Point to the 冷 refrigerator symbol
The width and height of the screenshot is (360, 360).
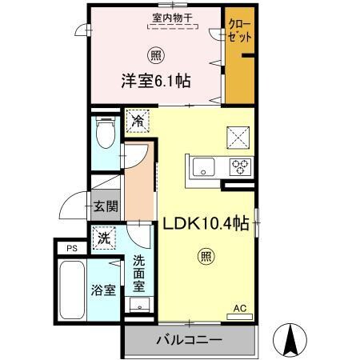pyautogui.click(x=138, y=122)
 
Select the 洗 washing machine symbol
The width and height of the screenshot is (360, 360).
pyautogui.click(x=103, y=237)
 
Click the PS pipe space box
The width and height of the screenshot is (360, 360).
pyautogui.click(x=72, y=249)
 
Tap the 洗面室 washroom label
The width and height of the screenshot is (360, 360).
pyautogui.click(x=139, y=272)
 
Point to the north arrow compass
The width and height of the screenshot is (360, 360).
pyautogui.click(x=292, y=339)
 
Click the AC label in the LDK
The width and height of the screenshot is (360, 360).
pyautogui.click(x=238, y=308)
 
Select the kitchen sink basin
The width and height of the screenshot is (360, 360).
pyautogui.click(x=203, y=168)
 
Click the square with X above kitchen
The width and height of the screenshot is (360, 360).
pyautogui.click(x=239, y=136)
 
